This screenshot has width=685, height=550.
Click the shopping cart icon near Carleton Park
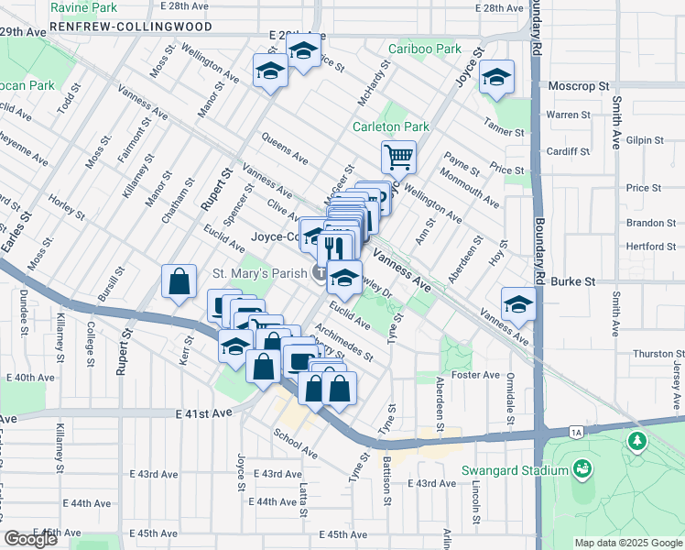coord(398,158)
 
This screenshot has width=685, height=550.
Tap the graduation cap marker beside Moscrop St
coord(496,80)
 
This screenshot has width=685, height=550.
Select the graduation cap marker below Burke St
coord(518,305)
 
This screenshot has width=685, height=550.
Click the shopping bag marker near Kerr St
coord(179,282)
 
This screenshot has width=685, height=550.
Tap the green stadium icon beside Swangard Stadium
coord(581,470)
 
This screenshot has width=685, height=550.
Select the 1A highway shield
coord(575,431)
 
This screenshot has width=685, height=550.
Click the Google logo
coord(30,539)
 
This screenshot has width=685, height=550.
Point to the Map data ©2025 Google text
coord(627,543)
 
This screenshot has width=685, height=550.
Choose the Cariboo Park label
coord(424,49)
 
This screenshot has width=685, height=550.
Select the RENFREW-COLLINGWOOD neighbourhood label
coord(131,27)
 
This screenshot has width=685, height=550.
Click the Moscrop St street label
coord(579,85)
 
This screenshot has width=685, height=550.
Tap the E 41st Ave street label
coord(204,413)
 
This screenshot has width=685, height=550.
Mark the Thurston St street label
coord(653,353)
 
